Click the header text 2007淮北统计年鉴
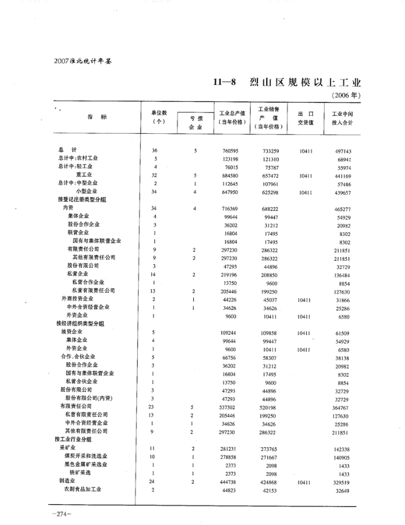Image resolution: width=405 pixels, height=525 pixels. click(82, 60)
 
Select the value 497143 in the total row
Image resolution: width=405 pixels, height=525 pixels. click(343, 150)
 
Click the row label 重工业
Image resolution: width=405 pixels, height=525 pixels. click(87, 174)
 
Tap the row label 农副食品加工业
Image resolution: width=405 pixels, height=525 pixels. click(83, 489)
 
